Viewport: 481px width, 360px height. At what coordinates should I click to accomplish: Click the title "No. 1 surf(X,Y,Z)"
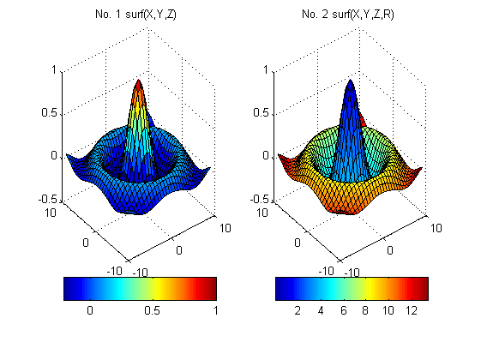(x=140, y=15)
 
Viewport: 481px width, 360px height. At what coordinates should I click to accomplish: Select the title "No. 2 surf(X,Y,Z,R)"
(x=350, y=15)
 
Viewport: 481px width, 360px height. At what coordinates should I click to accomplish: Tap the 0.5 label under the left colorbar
(x=153, y=310)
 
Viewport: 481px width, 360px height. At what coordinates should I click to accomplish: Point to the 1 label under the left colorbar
(x=216, y=310)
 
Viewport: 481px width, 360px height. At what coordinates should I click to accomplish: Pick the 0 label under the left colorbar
(x=90, y=310)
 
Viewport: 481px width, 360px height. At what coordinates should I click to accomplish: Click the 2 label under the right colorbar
(x=298, y=310)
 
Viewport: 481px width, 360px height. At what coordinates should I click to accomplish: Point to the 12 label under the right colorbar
(x=413, y=310)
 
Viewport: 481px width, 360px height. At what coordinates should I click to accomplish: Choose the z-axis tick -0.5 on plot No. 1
(x=46, y=199)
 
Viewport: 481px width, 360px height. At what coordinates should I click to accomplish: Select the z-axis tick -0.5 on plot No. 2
(x=256, y=199)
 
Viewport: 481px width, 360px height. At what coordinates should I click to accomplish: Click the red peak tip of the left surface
(x=139, y=82)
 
